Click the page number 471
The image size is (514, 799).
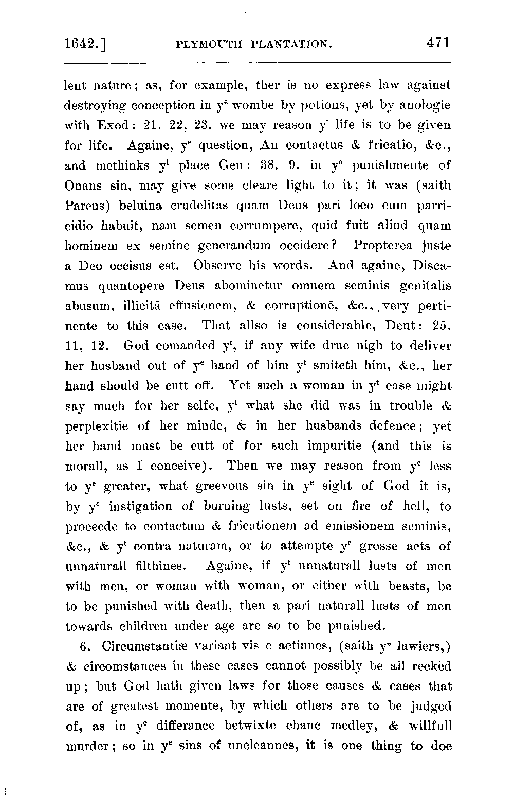[438, 43]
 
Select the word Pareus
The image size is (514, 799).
[86, 206]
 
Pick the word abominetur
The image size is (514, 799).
[238, 286]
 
